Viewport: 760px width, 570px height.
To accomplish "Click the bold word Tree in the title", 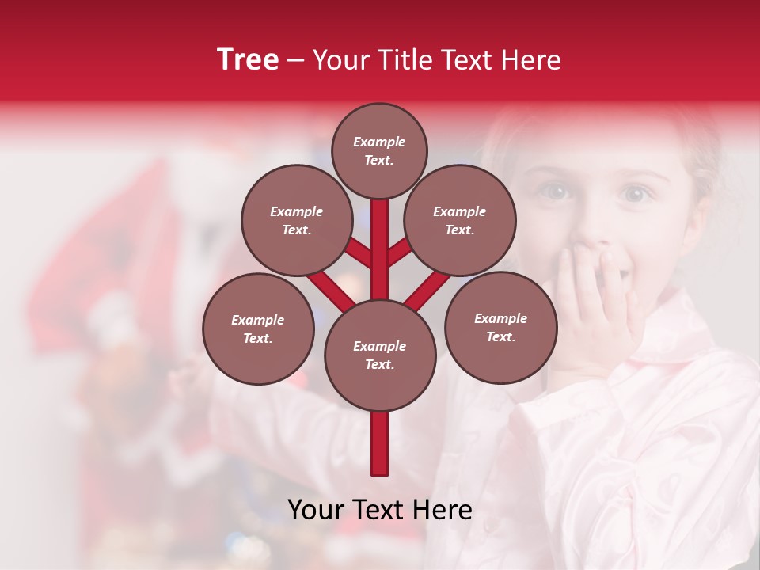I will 248,59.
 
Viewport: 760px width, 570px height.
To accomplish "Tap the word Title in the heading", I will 404,60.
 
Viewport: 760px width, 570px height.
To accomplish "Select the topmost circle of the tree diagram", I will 379,150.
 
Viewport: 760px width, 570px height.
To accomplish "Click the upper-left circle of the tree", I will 296,220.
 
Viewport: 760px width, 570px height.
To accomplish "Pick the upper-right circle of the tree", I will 459,220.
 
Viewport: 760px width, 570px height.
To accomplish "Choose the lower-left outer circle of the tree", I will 257,329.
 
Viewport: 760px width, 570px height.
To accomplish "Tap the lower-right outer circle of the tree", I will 500,327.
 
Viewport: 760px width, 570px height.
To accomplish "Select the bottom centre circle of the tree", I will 379,355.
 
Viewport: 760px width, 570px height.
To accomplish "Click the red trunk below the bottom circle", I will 379,443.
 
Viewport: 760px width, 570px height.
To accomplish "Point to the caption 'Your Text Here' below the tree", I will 379,510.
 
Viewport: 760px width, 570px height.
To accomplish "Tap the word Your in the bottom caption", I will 316,510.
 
